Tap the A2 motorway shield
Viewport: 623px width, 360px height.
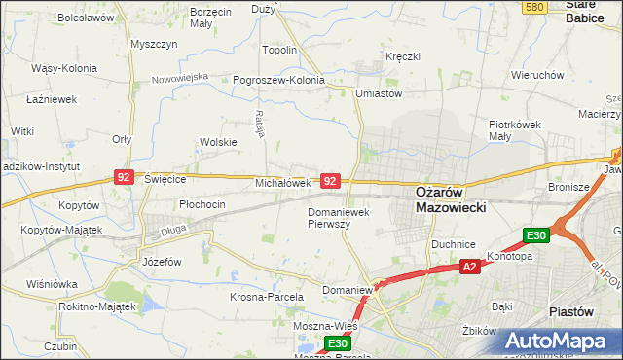click(x=469, y=267)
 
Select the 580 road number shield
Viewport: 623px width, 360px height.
click(x=532, y=7)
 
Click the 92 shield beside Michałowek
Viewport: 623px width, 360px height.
click(x=331, y=181)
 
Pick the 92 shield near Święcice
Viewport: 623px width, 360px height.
click(x=124, y=177)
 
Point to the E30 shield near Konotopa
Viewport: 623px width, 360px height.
click(x=536, y=234)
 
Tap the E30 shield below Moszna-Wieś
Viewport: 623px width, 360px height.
click(x=337, y=343)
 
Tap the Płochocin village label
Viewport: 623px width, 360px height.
click(x=202, y=204)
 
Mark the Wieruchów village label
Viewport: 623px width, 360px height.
click(x=538, y=75)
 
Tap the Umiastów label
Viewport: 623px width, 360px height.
click(x=380, y=93)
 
